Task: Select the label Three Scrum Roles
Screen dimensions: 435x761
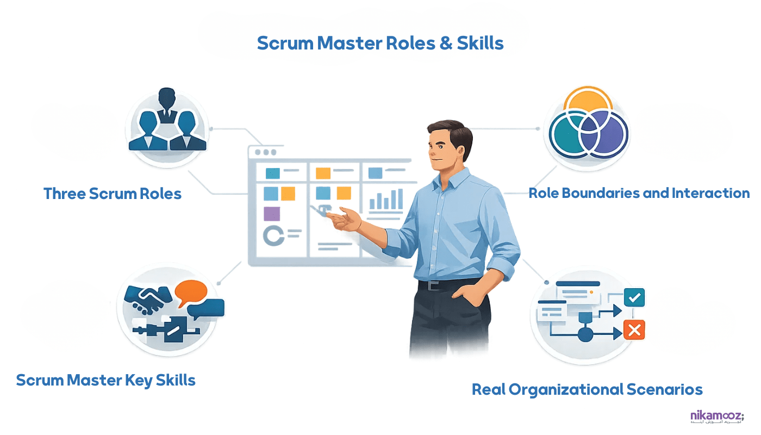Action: (113, 194)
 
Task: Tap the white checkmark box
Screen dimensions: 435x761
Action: (634, 298)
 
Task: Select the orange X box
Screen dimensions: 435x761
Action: (634, 330)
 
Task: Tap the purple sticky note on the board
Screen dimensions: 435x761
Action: (271, 214)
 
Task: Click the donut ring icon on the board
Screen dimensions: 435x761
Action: (273, 235)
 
